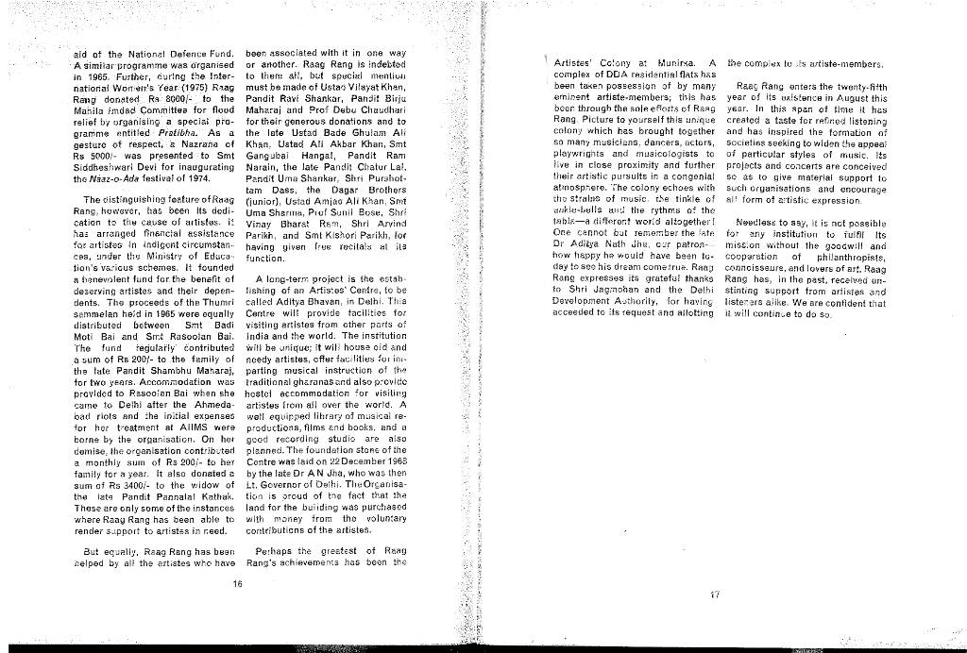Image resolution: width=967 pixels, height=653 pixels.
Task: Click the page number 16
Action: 236,583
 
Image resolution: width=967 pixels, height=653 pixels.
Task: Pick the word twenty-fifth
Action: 856,86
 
